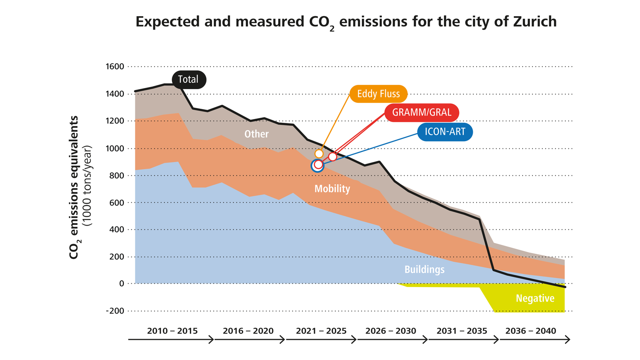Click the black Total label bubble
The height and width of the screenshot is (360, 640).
(x=189, y=79)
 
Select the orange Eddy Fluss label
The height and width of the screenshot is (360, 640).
(x=378, y=94)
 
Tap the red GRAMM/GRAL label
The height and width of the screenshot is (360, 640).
(x=422, y=113)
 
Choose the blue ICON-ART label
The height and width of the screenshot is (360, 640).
(x=445, y=132)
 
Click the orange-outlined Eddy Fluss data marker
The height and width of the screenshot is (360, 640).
(x=319, y=154)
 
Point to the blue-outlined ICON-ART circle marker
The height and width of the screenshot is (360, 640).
(x=317, y=166)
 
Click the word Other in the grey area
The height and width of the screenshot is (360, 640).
(x=256, y=134)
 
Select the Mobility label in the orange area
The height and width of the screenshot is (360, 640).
(x=332, y=189)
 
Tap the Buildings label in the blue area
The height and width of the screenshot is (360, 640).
(x=424, y=270)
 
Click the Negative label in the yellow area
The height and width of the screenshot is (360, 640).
(x=535, y=298)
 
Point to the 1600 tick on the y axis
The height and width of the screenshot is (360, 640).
(x=114, y=67)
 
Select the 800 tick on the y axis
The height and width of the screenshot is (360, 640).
(x=116, y=176)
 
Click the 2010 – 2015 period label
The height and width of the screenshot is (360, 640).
(x=172, y=331)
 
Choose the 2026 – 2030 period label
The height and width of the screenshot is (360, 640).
(x=391, y=331)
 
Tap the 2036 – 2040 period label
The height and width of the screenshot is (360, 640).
(x=531, y=331)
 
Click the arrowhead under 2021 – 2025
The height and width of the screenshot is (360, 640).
(x=354, y=340)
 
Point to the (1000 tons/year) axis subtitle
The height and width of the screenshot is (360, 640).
(x=87, y=186)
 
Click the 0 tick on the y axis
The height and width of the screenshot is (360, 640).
(x=121, y=284)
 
